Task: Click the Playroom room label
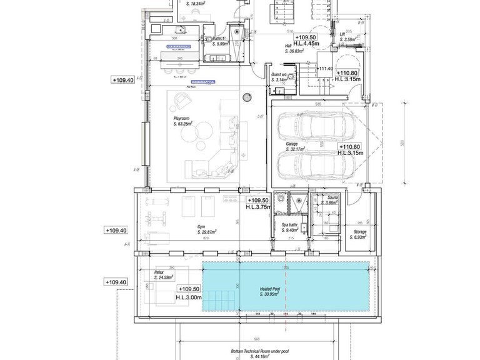[x=182, y=118]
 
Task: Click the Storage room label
[x=359, y=232]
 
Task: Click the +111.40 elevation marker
[x=325, y=68]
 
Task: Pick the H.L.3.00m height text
[x=189, y=297]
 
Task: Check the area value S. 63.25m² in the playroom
[x=182, y=124]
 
